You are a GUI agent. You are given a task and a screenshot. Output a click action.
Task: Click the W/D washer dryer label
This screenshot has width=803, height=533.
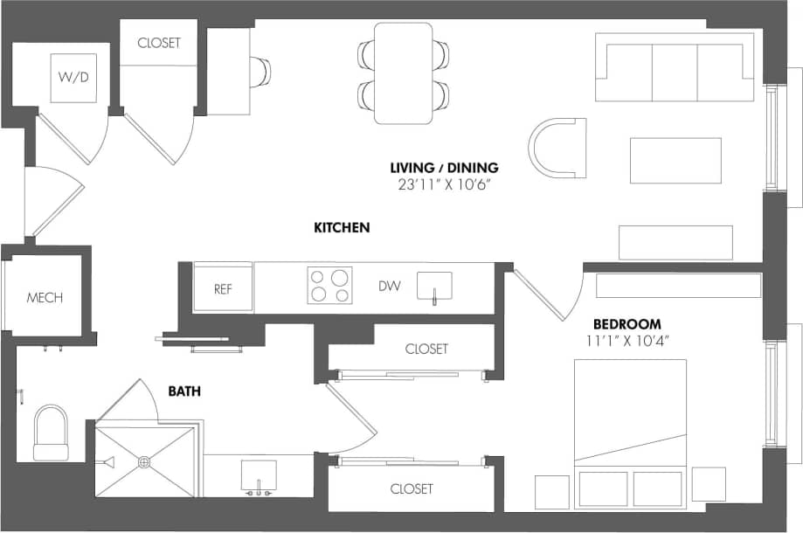click(x=73, y=78)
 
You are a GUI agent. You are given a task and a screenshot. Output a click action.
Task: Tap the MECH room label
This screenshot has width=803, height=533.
click(x=45, y=298)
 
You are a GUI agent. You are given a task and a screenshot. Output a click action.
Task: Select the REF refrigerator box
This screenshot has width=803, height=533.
click(x=223, y=288)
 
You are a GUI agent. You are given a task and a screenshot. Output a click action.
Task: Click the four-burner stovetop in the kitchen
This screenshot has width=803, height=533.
click(x=329, y=286)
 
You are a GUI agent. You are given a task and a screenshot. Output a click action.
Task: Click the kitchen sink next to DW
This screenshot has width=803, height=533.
click(x=434, y=285)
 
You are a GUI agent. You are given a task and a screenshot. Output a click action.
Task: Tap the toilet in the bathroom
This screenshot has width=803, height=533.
click(x=50, y=432)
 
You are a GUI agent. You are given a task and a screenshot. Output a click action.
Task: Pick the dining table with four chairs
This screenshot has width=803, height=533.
click(x=403, y=73)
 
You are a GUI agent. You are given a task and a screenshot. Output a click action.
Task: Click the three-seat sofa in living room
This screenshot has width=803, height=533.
click(x=674, y=69)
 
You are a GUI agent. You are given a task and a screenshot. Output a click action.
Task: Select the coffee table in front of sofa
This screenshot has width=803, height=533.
click(x=675, y=161)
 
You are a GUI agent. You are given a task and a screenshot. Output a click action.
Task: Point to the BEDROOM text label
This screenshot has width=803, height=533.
click(x=627, y=323)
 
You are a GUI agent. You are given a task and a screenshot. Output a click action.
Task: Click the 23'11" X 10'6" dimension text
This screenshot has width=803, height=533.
click(x=444, y=184)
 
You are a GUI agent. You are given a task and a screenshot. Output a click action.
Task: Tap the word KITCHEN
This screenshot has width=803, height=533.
click(x=342, y=228)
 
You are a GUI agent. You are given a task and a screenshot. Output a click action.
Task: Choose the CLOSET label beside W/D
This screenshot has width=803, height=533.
click(x=159, y=43)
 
